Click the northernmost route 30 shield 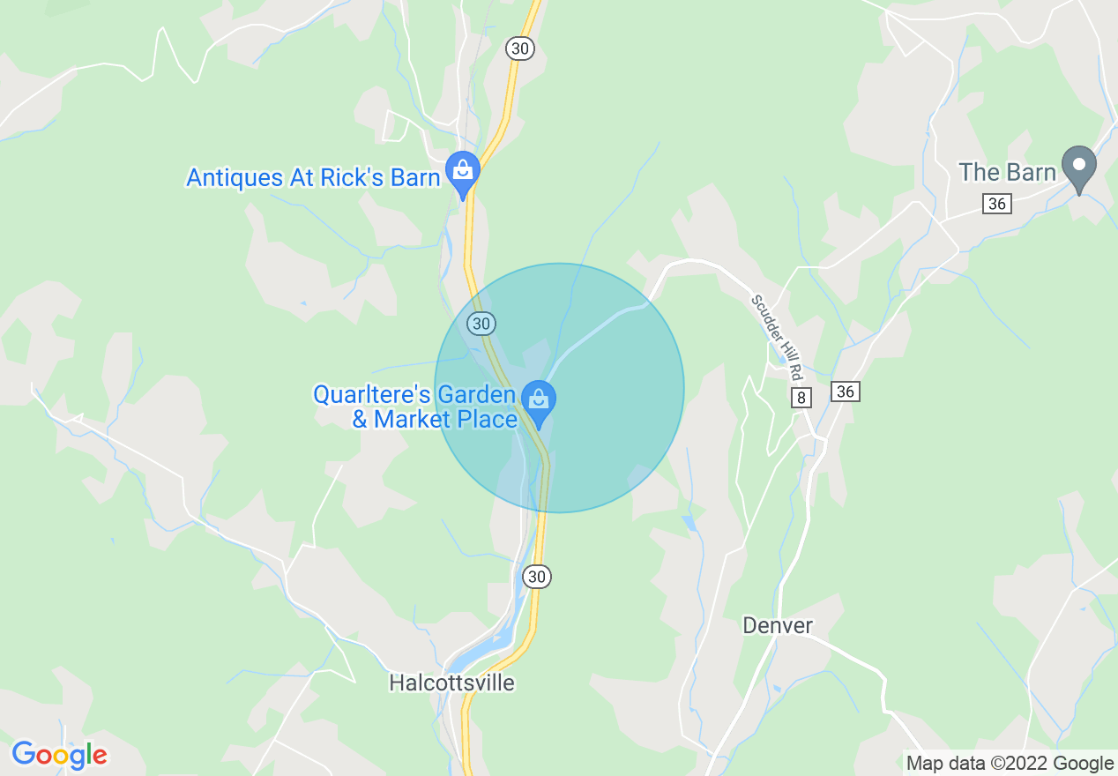520,48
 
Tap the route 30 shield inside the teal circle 481,324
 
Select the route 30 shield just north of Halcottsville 537,577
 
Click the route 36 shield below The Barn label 997,204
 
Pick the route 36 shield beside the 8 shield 845,391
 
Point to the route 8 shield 801,398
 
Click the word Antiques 235,177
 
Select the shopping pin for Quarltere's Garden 538,401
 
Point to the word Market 418,419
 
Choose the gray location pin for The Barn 1077,167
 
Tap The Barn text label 1007,172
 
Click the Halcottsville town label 451,683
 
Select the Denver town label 777,626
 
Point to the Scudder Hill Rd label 778,331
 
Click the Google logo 59,755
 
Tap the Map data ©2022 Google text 1010,764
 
